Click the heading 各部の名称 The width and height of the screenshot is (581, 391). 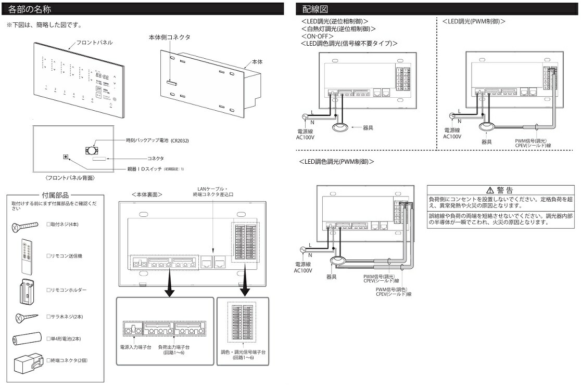[30, 9]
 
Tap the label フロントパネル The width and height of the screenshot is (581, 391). [94, 42]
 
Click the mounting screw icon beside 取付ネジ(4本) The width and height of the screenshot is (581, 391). [25, 225]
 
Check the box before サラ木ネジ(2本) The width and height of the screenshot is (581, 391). [48, 316]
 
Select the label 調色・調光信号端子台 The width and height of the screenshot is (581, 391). [243, 352]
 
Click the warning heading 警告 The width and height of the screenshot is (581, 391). [500, 190]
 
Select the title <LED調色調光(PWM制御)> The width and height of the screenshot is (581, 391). [336, 162]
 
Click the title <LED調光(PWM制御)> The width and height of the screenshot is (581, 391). [474, 21]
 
